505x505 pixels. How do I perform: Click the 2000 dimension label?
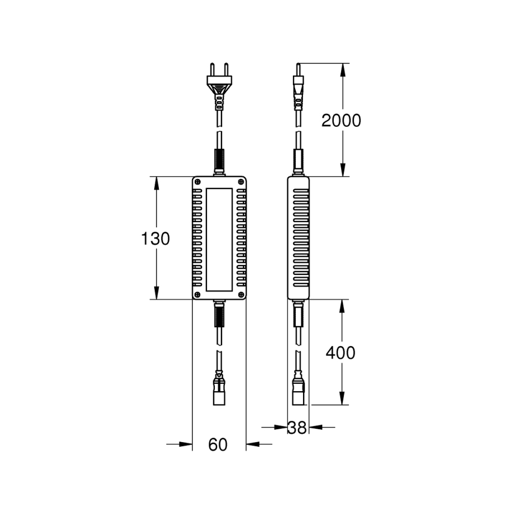[x=341, y=121]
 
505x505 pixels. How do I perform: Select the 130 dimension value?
[x=155, y=239]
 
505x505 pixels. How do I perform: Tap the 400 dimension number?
[x=341, y=353]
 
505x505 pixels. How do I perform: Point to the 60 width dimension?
[x=218, y=445]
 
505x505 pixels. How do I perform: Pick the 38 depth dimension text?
[x=297, y=428]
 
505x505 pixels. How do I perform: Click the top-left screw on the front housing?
[x=198, y=182]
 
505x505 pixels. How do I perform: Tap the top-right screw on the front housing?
[x=241, y=182]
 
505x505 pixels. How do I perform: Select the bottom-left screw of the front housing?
[x=198, y=295]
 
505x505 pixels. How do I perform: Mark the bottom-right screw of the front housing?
[x=241, y=295]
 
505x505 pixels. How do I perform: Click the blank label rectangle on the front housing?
[x=219, y=240]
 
